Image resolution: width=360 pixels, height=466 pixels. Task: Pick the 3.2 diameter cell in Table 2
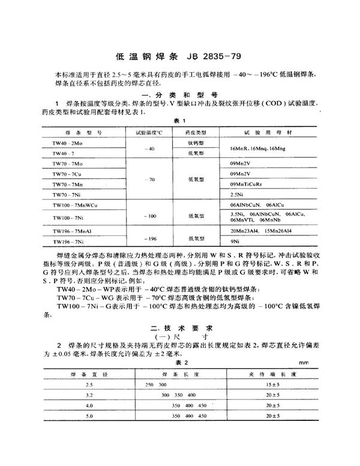click(x=90, y=395)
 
